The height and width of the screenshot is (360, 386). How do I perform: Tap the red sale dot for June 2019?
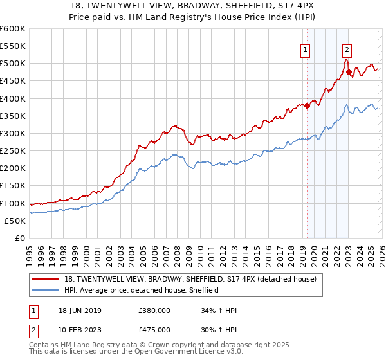pos(307,106)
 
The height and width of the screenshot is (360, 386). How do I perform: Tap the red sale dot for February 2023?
pos(349,73)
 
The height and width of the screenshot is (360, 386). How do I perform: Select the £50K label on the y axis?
pos(15,221)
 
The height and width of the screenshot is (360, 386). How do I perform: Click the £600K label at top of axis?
pos(13,29)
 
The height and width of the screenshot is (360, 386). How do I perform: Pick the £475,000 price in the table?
pos(154,330)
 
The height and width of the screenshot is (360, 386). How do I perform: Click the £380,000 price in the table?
pos(154,310)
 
